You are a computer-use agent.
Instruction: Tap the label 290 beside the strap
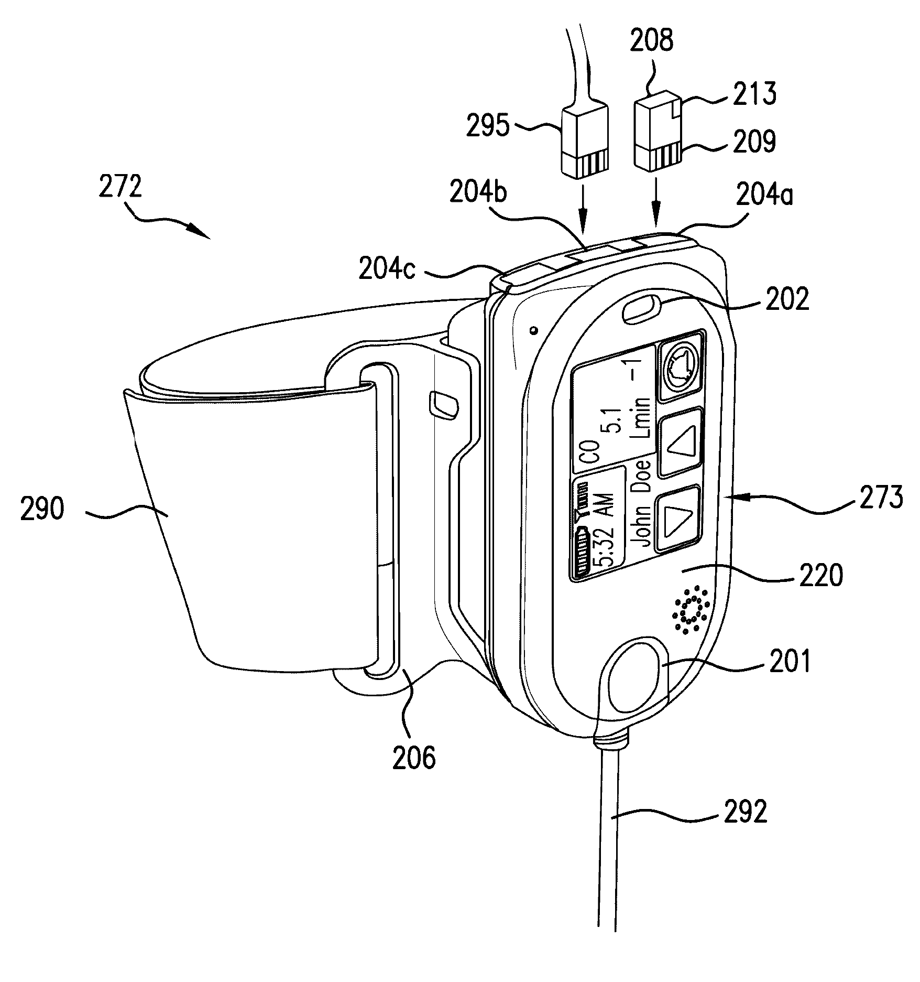42,510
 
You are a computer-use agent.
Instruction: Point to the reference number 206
414,759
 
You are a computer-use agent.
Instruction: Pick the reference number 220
820,576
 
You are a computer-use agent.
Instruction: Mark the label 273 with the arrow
880,498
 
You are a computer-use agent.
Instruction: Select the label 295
487,127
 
